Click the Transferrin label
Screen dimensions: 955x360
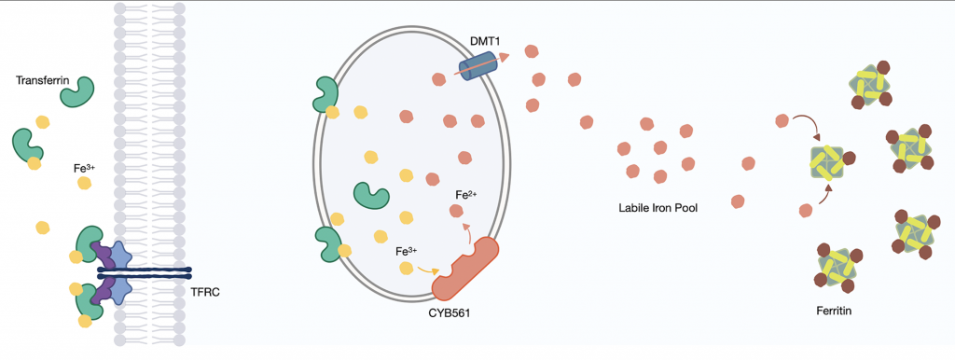point(41,80)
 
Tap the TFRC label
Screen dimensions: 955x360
point(204,293)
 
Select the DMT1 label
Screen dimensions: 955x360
point(484,41)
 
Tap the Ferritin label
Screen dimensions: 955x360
point(833,312)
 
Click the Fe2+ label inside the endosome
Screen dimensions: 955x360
point(466,196)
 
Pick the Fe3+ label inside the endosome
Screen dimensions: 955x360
point(407,252)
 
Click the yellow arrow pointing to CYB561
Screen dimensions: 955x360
point(429,270)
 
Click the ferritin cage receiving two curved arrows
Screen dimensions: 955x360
point(827,162)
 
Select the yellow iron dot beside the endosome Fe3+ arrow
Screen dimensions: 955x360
point(405,268)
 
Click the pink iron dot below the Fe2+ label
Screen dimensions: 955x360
point(455,212)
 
